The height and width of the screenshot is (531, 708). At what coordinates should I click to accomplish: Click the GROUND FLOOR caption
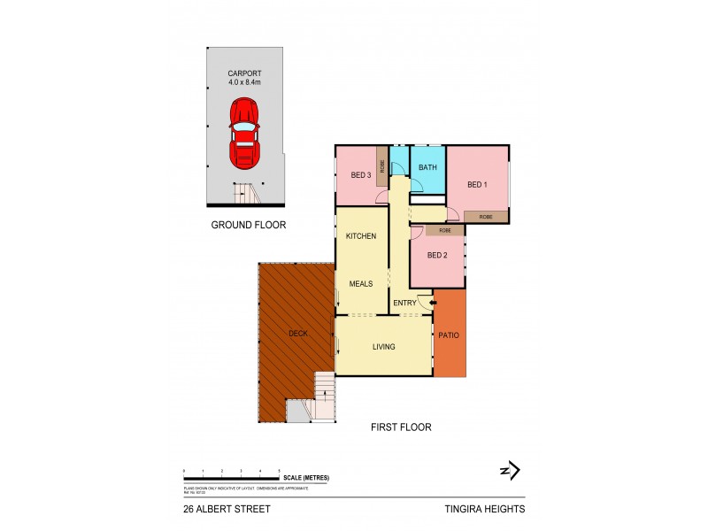point(248,225)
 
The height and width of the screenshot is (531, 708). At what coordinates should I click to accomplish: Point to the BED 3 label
point(360,175)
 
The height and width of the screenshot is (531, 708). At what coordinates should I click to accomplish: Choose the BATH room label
point(427,167)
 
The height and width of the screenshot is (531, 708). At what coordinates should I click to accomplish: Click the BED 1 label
point(478,184)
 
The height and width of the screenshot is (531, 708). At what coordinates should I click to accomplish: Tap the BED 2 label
point(437,255)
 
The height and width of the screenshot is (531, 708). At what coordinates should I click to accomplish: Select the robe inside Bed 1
point(485,216)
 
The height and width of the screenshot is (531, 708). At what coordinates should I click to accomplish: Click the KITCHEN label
point(361,236)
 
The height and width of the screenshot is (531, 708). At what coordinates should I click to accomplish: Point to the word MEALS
point(360,283)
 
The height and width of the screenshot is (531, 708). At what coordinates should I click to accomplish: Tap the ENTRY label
point(404,304)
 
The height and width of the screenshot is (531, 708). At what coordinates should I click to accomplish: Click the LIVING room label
point(382,346)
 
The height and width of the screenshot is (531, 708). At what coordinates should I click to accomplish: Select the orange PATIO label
point(450,335)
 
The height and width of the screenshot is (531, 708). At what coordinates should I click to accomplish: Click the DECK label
point(298,334)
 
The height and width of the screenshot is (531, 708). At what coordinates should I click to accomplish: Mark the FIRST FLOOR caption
point(401,427)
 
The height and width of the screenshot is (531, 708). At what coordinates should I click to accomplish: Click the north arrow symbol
point(510,471)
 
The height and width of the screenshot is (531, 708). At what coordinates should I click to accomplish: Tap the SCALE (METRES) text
point(306,478)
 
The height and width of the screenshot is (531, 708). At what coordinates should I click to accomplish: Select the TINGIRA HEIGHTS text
point(486,509)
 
